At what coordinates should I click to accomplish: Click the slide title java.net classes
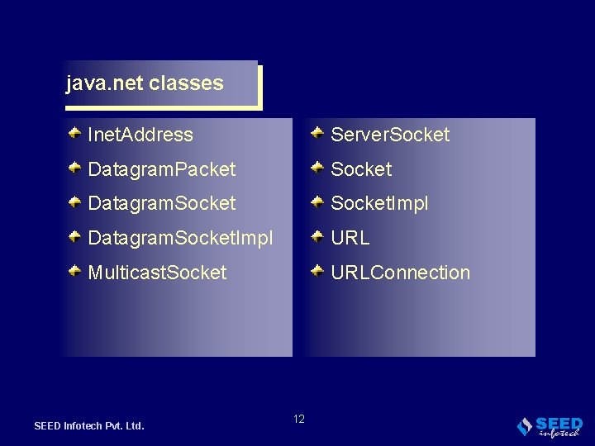[145, 83]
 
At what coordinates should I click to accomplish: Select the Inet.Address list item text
[140, 135]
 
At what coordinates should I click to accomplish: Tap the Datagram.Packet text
[162, 169]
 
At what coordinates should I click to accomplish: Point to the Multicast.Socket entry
[157, 273]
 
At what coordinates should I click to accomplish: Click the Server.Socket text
[390, 135]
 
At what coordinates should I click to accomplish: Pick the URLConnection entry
[400, 273]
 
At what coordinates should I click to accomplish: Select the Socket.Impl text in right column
[379, 203]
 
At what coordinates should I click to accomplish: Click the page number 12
[298, 419]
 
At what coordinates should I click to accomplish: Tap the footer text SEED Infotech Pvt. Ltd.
[89, 426]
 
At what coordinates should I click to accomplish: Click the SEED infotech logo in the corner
[550, 426]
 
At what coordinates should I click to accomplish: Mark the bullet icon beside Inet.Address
[74, 132]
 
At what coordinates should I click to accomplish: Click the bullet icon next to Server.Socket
[317, 132]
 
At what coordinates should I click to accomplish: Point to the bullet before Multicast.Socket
[74, 270]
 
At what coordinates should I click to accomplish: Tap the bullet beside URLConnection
[317, 270]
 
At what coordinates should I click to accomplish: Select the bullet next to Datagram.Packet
[74, 167]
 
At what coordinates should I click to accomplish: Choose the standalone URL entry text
[350, 238]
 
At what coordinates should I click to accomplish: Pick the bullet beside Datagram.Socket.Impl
[74, 235]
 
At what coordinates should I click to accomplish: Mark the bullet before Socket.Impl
[317, 201]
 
